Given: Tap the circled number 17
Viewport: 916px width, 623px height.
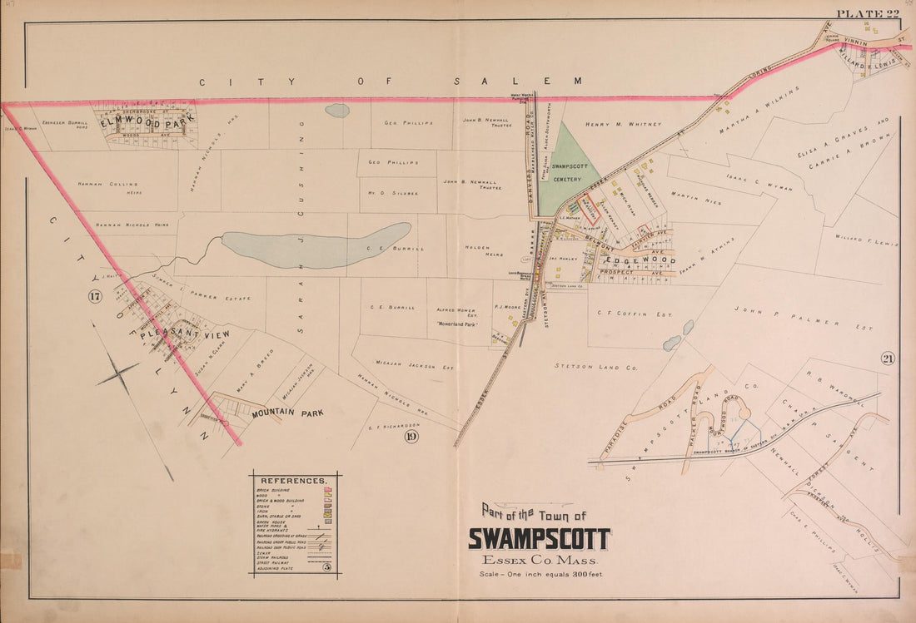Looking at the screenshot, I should point(95,296).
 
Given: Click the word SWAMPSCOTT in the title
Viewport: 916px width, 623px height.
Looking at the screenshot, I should point(539,539).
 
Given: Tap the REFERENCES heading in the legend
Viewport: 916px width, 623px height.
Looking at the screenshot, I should point(294,481).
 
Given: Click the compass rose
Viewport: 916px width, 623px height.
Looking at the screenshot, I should point(118,376).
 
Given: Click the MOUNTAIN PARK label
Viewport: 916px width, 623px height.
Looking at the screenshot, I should point(286,412).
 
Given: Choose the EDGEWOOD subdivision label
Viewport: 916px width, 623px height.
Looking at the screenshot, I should point(635,260).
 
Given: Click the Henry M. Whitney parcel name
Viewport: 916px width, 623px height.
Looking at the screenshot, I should point(622,125).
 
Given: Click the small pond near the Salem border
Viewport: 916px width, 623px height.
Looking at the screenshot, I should point(337,110).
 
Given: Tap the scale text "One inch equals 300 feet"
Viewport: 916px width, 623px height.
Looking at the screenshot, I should point(539,575).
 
